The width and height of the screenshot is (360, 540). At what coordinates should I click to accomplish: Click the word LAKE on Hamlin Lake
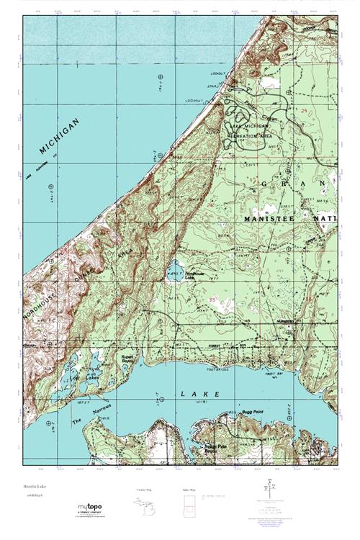tap(194, 394)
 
